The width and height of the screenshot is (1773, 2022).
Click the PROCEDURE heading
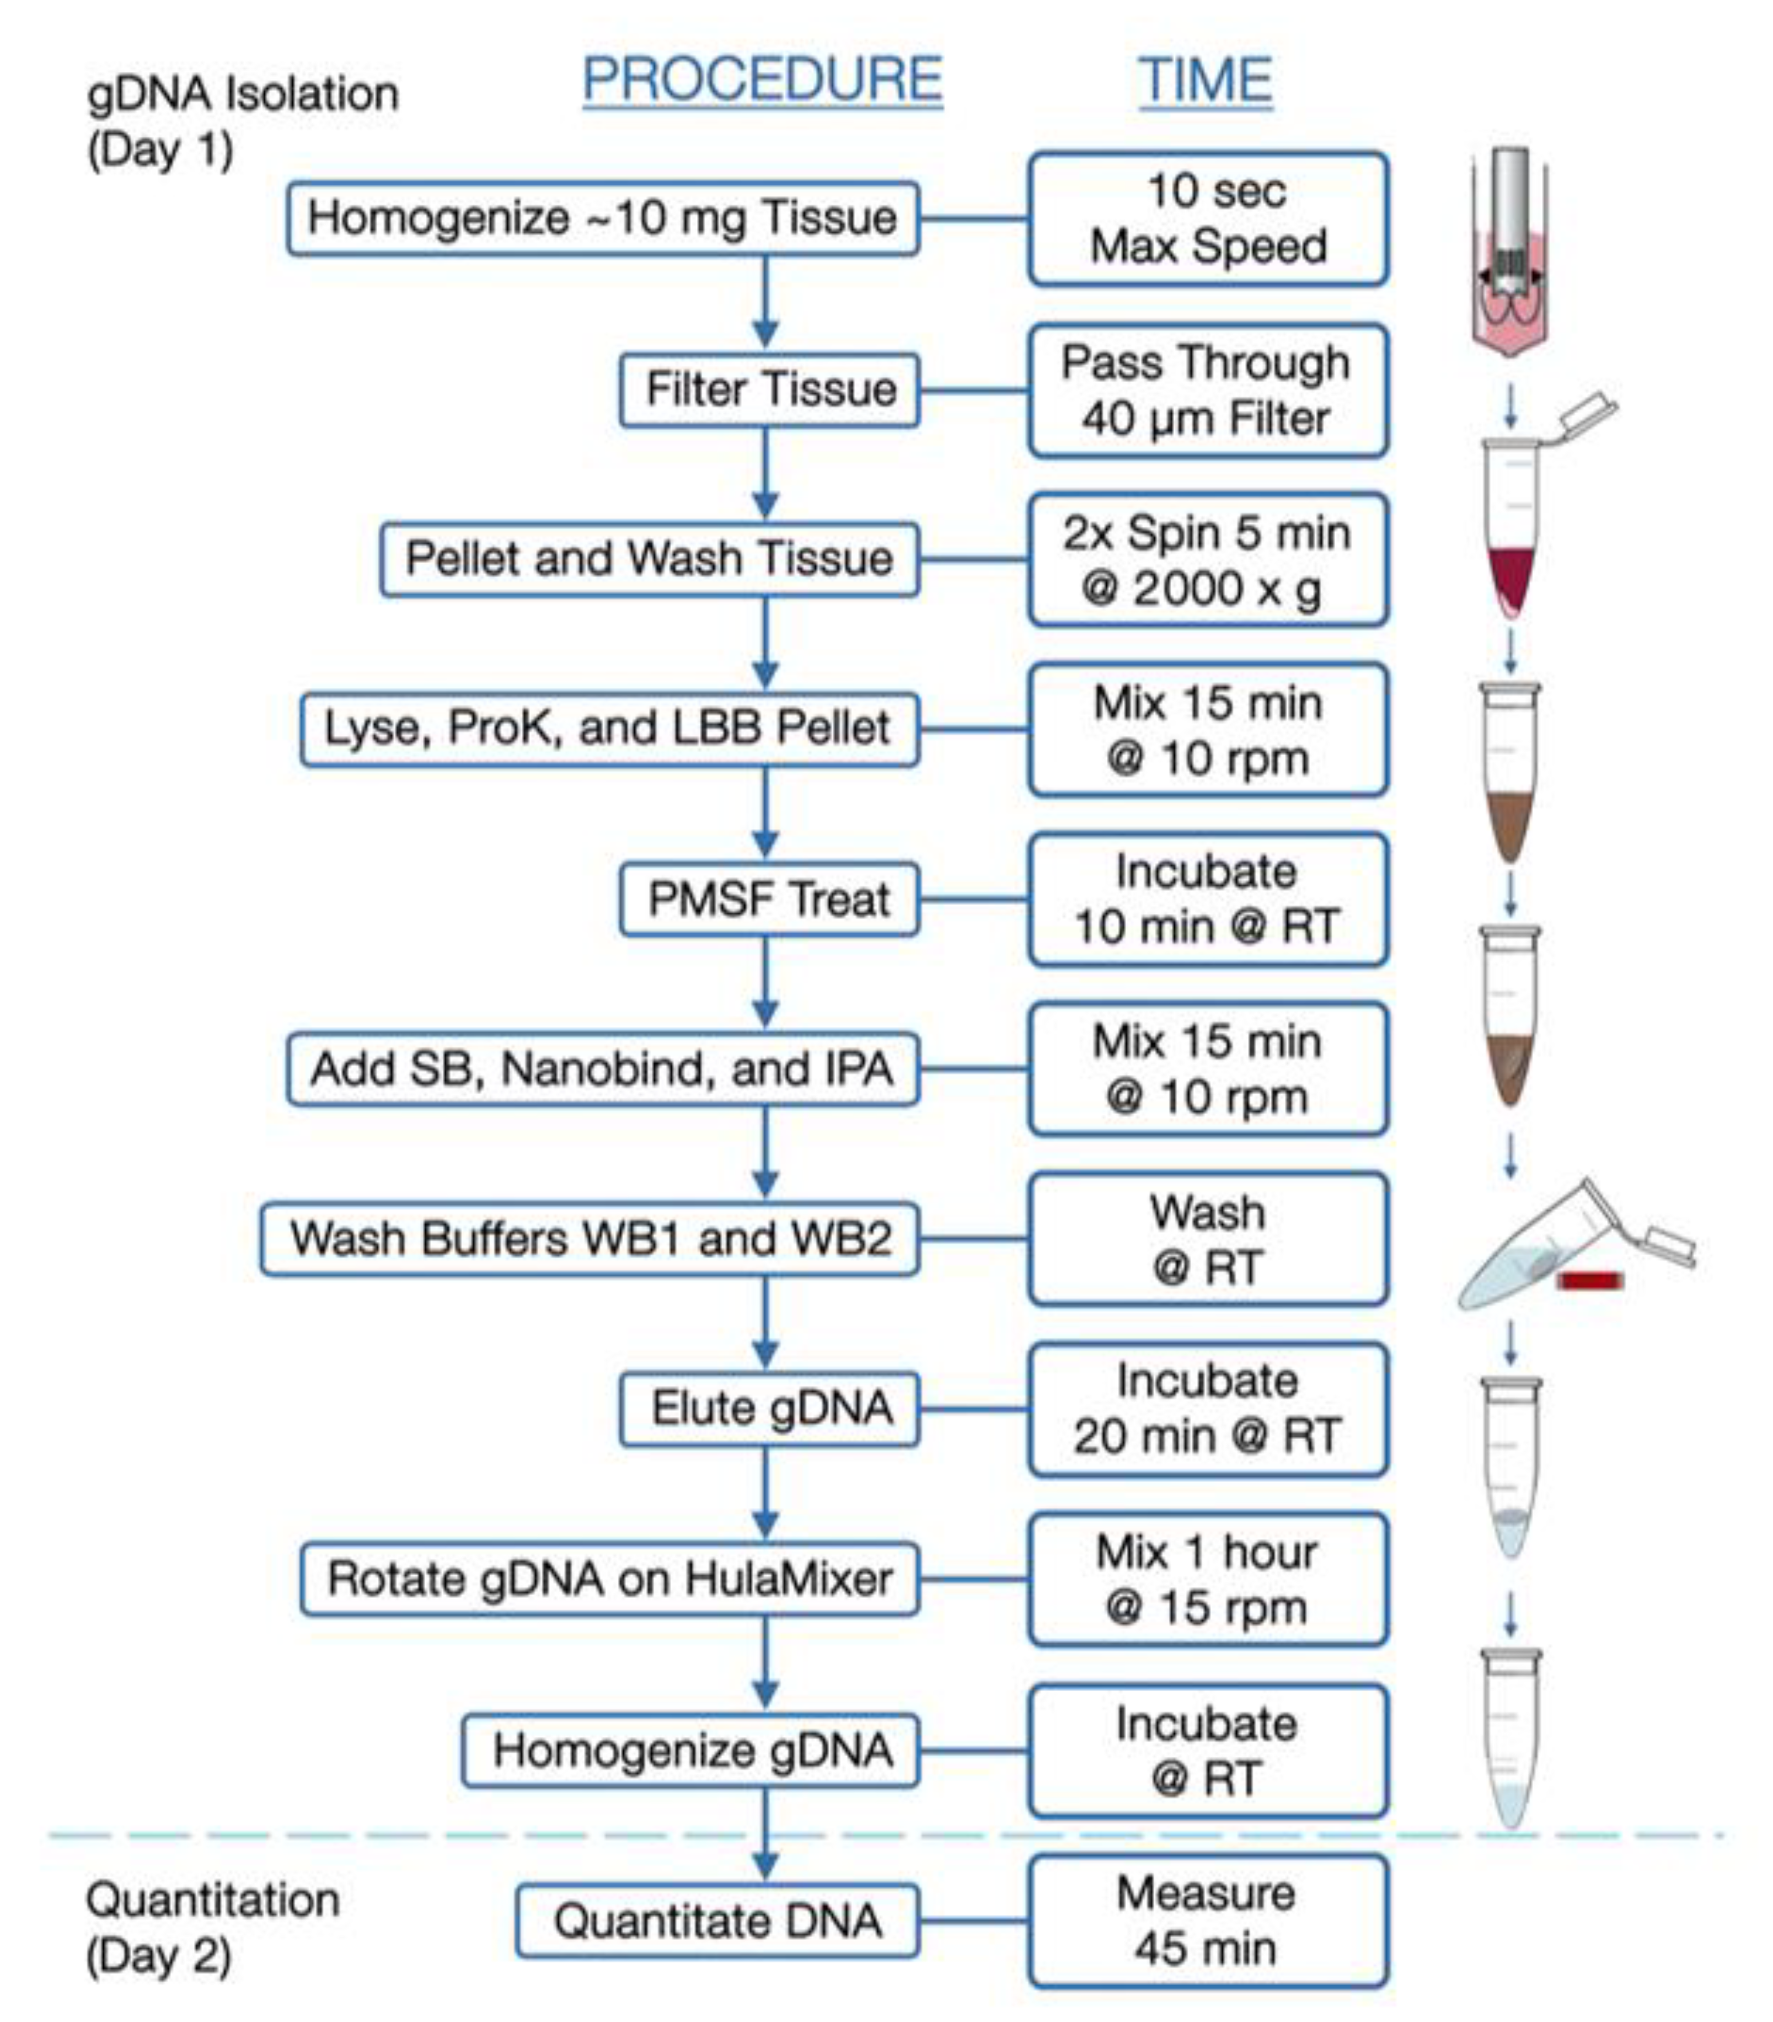[762, 79]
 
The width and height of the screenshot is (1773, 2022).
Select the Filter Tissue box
[769, 389]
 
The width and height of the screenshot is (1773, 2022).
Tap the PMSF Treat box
[769, 899]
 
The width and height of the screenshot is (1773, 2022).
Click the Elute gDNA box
[769, 1408]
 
